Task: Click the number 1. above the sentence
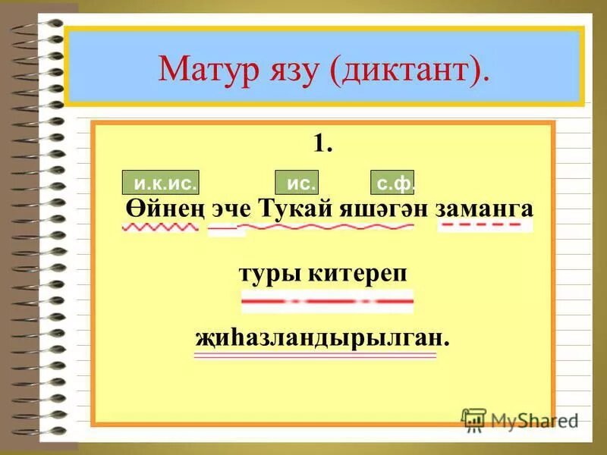[322, 143]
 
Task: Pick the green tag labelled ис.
[297, 183]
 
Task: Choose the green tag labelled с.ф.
[393, 183]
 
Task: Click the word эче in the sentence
[230, 209]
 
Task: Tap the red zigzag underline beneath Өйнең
[160, 227]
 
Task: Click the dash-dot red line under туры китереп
[327, 302]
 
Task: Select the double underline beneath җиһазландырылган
[316, 355]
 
